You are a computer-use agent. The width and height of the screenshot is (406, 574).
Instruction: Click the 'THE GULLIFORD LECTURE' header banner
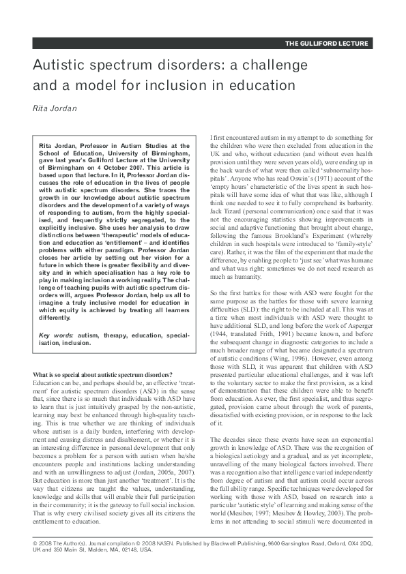point(328,44)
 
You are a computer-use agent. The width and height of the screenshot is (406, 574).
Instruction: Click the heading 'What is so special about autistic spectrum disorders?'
point(103,374)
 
